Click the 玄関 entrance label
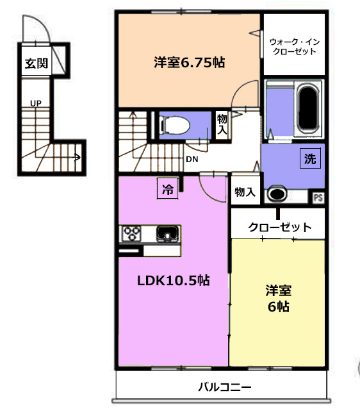[37, 63]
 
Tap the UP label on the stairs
[36, 104]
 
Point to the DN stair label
[192, 159]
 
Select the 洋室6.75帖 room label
[189, 62]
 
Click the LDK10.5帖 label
[174, 281]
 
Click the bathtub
[308, 108]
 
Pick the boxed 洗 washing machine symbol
[310, 158]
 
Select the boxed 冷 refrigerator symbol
[168, 188]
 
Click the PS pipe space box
[318, 197]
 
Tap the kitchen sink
[168, 234]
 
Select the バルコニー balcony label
[225, 387]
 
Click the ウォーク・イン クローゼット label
[295, 46]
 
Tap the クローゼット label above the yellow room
[280, 228]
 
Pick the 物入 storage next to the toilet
[222, 124]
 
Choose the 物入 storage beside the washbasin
[245, 192]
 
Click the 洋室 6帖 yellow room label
[279, 298]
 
